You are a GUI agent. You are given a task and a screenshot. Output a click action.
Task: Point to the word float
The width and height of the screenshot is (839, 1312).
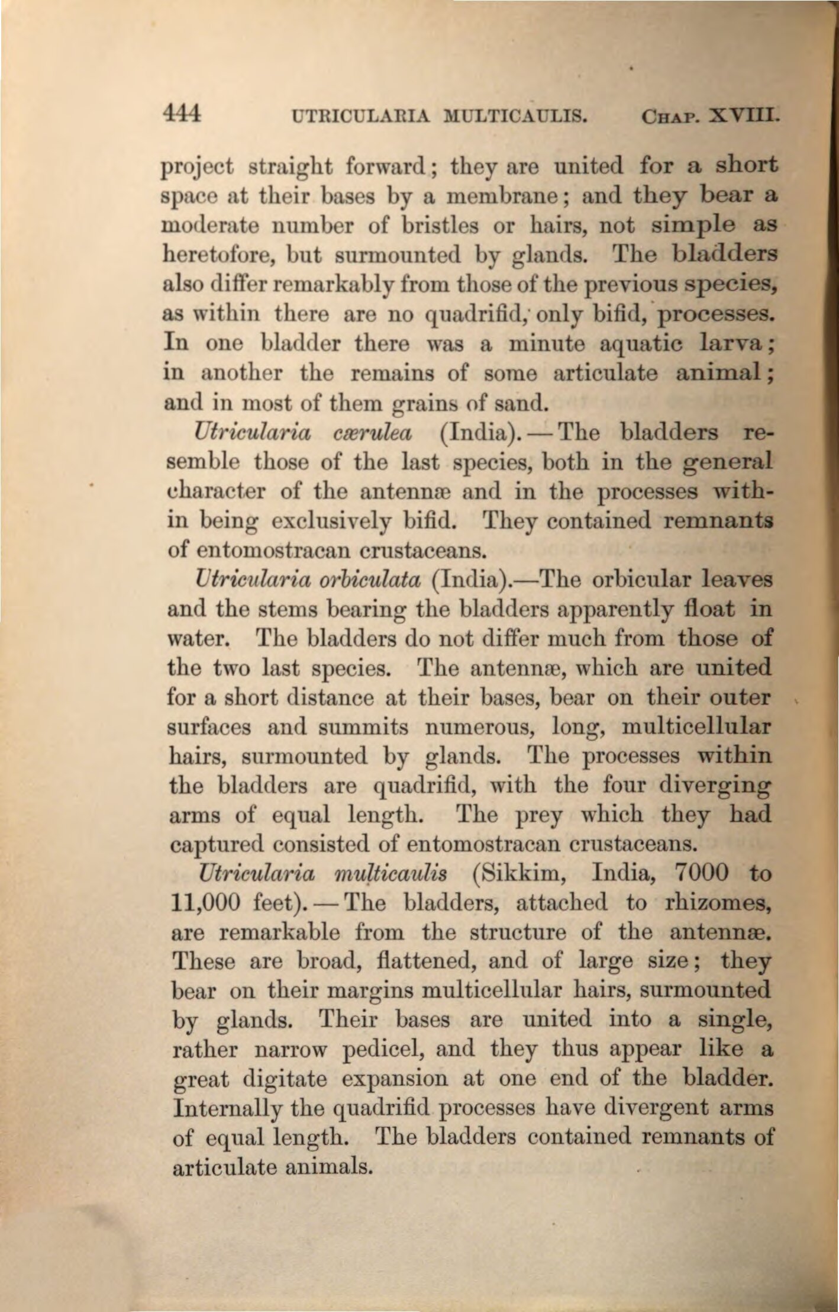[708, 608]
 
